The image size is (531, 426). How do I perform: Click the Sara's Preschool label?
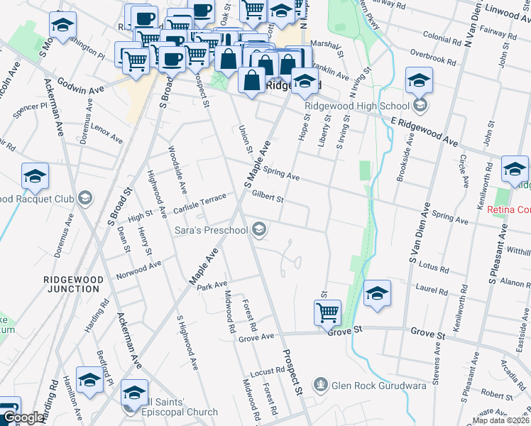(x=211, y=231)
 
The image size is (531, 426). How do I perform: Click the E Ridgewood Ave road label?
(x=424, y=130)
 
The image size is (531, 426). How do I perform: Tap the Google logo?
(x=23, y=418)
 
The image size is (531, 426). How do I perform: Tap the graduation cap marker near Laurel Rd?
(x=377, y=293)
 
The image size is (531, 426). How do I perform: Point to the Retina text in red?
(x=503, y=209)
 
